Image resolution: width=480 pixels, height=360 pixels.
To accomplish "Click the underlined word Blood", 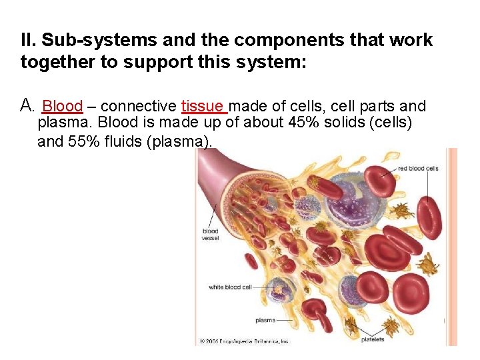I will (62, 107).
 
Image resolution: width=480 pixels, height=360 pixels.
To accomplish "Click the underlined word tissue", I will (203, 107).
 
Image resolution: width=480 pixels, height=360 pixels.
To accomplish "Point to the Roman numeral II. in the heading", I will (29, 41).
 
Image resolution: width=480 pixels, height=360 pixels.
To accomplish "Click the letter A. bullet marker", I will (27, 105).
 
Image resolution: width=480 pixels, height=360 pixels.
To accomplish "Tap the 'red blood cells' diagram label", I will (418, 169).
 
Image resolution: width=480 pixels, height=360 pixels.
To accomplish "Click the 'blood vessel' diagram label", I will (210, 235).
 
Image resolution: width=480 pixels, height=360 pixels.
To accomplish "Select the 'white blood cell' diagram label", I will (230, 287).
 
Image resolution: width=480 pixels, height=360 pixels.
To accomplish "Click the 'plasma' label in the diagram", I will (266, 320).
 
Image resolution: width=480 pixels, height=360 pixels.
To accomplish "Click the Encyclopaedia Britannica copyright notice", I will (245, 341).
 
